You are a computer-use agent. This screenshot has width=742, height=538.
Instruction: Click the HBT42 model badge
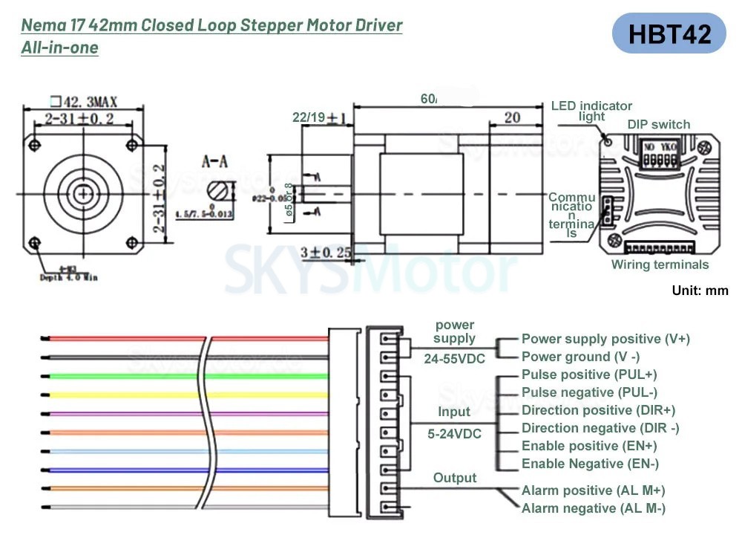pos(669,33)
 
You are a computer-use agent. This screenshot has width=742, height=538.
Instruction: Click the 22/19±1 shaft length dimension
pos(320,118)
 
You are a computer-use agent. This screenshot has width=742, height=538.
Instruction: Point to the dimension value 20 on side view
pos(511,117)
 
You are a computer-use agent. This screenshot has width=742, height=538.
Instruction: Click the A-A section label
pos(220,160)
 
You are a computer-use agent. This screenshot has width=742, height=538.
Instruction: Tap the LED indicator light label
pos(591,111)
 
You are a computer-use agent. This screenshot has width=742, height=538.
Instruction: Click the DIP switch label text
pos(658,125)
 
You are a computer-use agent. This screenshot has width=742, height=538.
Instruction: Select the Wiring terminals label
pos(660,265)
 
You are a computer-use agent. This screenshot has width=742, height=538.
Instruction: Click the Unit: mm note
pos(700,291)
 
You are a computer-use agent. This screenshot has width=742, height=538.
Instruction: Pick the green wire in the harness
pos(119,376)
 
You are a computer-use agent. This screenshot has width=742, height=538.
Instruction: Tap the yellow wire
pos(119,395)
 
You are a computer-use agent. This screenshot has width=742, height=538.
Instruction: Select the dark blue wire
pos(119,470)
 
